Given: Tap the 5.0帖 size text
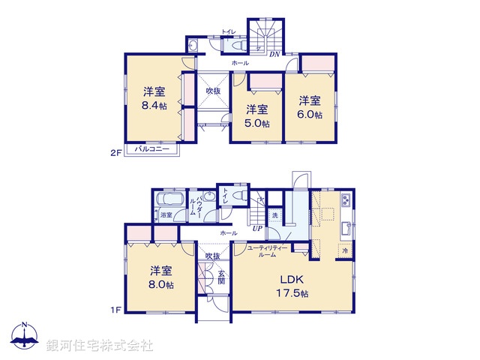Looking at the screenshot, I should [256, 124].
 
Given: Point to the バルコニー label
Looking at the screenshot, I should [151, 149].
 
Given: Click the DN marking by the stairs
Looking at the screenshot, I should [274, 53].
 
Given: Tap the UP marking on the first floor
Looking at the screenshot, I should [256, 228].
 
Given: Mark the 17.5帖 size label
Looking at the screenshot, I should [293, 294].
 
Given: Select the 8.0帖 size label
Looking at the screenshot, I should [160, 286].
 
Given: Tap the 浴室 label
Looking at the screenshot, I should [166, 215].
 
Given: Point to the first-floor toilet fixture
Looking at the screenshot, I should [238, 196].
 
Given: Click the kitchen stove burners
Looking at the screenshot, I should [346, 201].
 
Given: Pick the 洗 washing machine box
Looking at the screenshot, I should [275, 215].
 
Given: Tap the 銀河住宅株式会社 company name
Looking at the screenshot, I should [99, 346].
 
